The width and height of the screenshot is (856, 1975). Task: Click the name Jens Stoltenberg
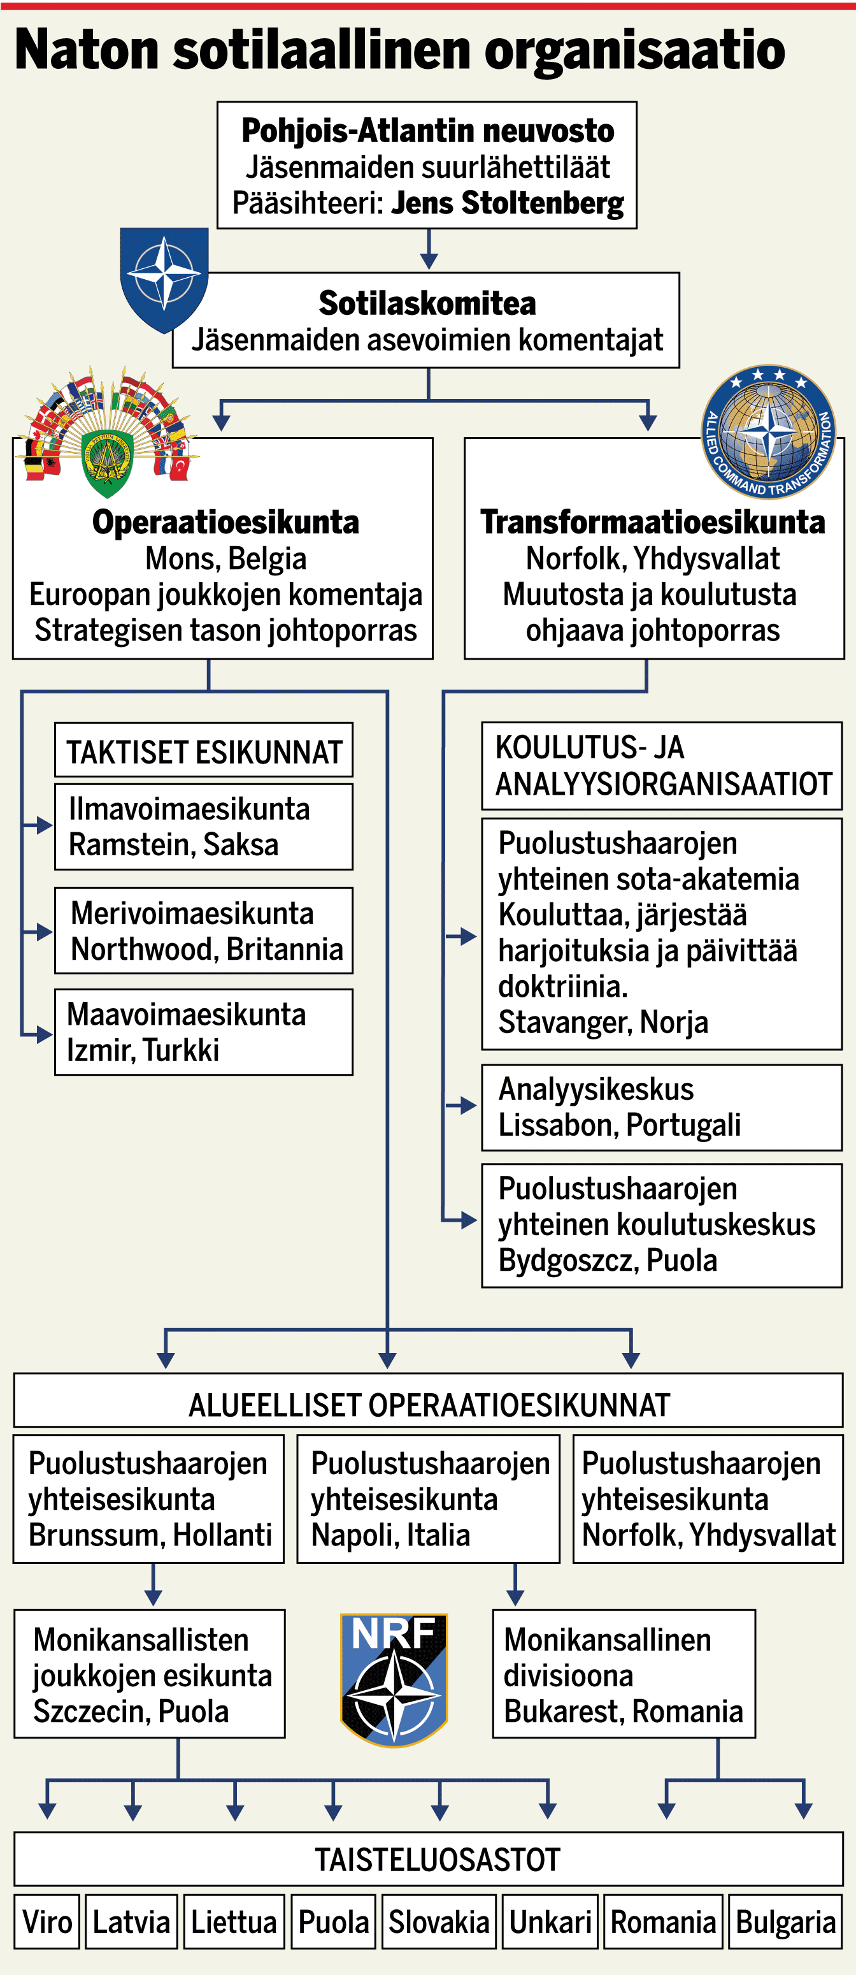click(508, 203)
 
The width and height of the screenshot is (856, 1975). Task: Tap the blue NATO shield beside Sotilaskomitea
click(164, 277)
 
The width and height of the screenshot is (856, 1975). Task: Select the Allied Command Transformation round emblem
click(768, 431)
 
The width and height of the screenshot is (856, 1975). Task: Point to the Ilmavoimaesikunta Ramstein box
click(203, 827)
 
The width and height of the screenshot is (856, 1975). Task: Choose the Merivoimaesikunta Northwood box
click(203, 930)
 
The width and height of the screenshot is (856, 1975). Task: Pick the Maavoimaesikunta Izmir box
click(203, 1032)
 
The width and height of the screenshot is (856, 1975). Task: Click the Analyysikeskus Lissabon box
click(661, 1107)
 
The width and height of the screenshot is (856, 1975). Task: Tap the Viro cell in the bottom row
click(46, 1922)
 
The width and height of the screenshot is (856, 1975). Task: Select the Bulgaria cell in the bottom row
click(785, 1922)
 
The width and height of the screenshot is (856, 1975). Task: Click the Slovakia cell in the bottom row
click(438, 1922)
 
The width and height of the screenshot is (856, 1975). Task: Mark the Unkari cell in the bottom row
click(550, 1922)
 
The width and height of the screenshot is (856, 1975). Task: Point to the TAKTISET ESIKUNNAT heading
click(203, 751)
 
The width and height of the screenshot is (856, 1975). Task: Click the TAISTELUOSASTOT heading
click(437, 1859)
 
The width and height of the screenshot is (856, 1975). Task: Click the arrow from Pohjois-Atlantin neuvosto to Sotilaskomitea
click(429, 250)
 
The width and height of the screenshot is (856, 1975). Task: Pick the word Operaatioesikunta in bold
click(225, 522)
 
